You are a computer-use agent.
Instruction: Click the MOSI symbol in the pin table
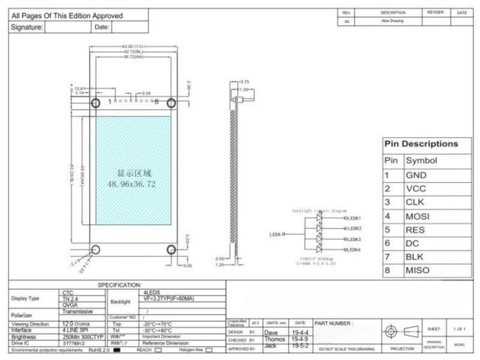point(419,216)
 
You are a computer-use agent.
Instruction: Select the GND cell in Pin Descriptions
point(416,176)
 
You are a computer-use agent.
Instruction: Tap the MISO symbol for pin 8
point(419,271)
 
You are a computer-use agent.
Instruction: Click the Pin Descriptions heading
point(420,143)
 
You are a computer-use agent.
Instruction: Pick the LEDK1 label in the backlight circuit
point(352,218)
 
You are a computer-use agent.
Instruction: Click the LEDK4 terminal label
point(352,250)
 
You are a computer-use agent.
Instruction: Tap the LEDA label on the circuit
point(277,235)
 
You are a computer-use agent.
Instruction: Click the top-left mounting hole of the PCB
point(95,102)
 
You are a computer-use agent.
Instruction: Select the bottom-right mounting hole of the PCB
point(171,249)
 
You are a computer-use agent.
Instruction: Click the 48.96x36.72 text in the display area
point(132,184)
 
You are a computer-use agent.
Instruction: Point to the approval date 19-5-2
point(301,345)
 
